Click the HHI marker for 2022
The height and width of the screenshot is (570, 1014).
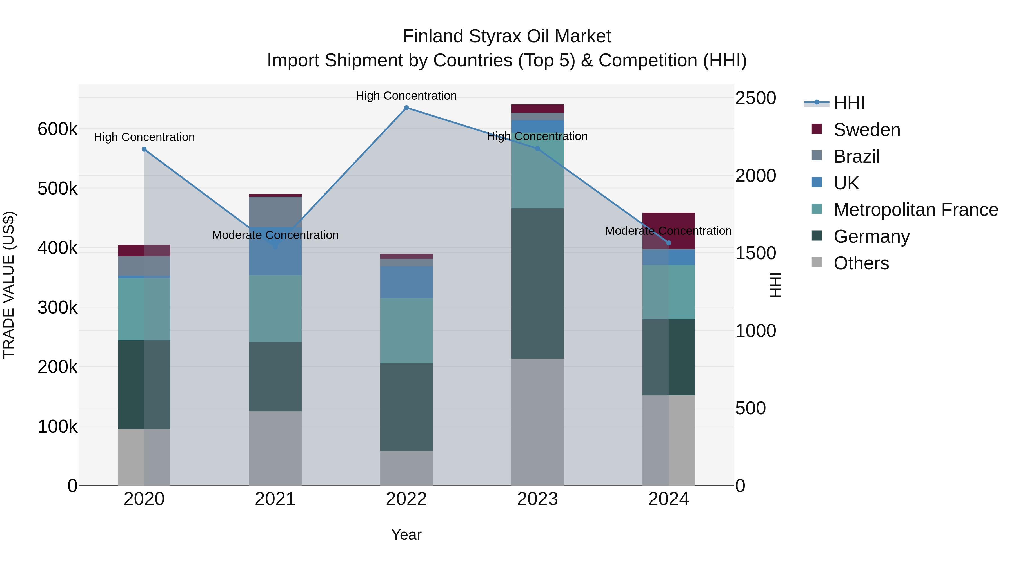tap(406, 108)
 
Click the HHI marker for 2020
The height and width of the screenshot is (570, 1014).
tap(144, 149)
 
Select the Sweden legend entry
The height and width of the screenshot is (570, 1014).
tap(866, 130)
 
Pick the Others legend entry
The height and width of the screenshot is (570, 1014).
tap(861, 263)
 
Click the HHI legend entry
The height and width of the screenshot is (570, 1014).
tap(848, 103)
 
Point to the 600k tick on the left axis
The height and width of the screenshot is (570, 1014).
tap(57, 129)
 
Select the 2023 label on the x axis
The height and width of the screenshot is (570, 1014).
tap(537, 499)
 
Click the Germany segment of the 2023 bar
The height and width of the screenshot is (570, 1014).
tap(537, 283)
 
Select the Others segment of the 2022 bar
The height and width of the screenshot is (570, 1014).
tap(406, 468)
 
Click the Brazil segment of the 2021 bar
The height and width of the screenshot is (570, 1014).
tap(275, 212)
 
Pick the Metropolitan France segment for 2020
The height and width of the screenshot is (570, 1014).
tap(144, 309)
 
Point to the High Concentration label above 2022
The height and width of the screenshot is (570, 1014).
tap(406, 96)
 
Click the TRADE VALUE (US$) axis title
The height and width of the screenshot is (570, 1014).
tap(9, 285)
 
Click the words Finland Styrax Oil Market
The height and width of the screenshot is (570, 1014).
tap(507, 37)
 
